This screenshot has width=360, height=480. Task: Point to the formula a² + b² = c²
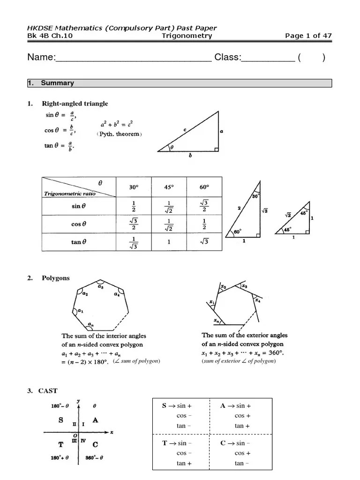pos(117,125)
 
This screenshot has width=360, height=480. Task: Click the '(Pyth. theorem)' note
pos(119,134)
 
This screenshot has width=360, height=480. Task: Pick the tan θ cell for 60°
pos(204,242)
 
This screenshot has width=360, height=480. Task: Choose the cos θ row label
pos(79,224)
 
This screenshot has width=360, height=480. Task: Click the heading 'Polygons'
pos(55,278)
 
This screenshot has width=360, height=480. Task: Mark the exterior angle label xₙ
pos(216,321)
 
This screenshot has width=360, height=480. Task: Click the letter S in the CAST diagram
pos(61,420)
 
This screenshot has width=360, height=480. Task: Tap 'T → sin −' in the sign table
pos(177,443)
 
